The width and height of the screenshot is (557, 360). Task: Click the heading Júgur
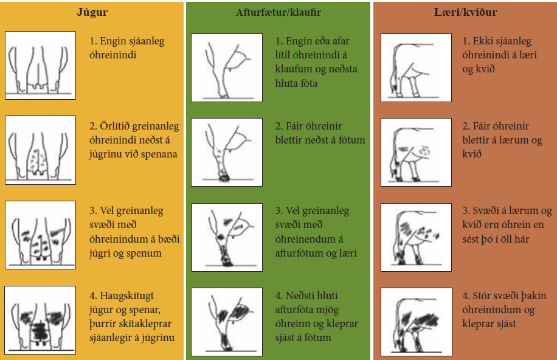(x=93, y=11)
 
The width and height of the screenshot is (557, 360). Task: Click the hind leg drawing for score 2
(x=226, y=152)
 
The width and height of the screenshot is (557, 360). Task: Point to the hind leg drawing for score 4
(x=226, y=320)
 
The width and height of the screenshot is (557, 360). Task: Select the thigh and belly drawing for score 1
(x=415, y=67)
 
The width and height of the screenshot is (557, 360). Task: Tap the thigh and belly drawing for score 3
(x=415, y=237)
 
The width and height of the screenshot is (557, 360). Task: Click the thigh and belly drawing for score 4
(x=415, y=320)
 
